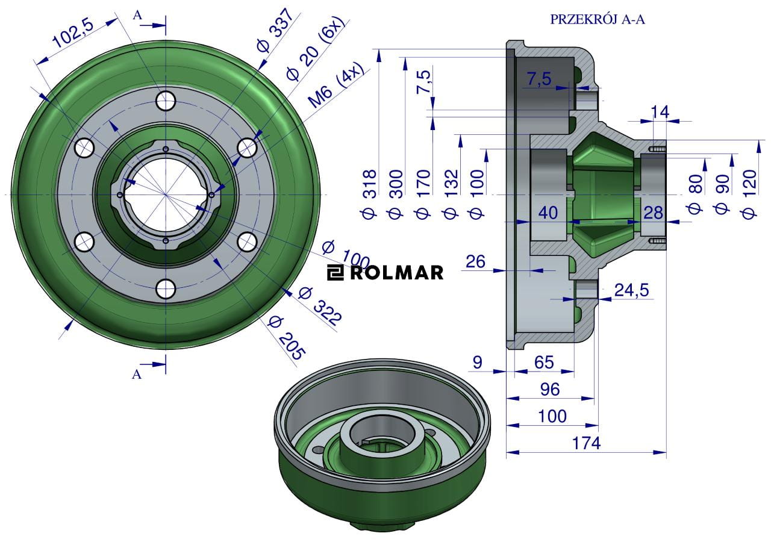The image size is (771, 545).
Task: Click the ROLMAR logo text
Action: coord(385,273)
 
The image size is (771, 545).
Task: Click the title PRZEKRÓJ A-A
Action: coord(598,19)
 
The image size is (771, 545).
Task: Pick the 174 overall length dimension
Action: coord(586,443)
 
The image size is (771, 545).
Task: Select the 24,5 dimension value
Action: coord(631,290)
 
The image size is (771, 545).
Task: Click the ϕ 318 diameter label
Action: coord(369,193)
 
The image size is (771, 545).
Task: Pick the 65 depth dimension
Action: coord(544,362)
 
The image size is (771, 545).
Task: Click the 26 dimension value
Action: coord(476,261)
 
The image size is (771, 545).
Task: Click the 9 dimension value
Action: coord(478,362)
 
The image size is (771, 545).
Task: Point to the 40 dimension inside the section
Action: coord(548,212)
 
